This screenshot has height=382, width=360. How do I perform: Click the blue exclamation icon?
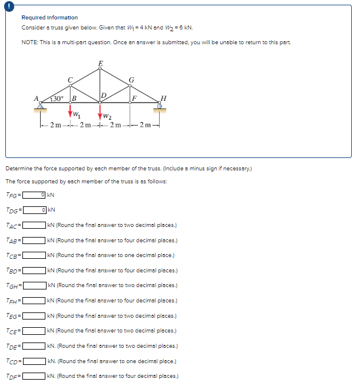tap(6, 5)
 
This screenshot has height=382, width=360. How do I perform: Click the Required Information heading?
tap(49, 18)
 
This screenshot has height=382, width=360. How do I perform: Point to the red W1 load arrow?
tap(71, 110)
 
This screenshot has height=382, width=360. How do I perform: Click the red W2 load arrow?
tap(100, 111)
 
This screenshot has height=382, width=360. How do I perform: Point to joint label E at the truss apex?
tap(100, 62)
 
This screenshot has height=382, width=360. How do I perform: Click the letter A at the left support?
tap(37, 98)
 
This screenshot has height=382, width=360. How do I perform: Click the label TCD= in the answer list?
tap(14, 361)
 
